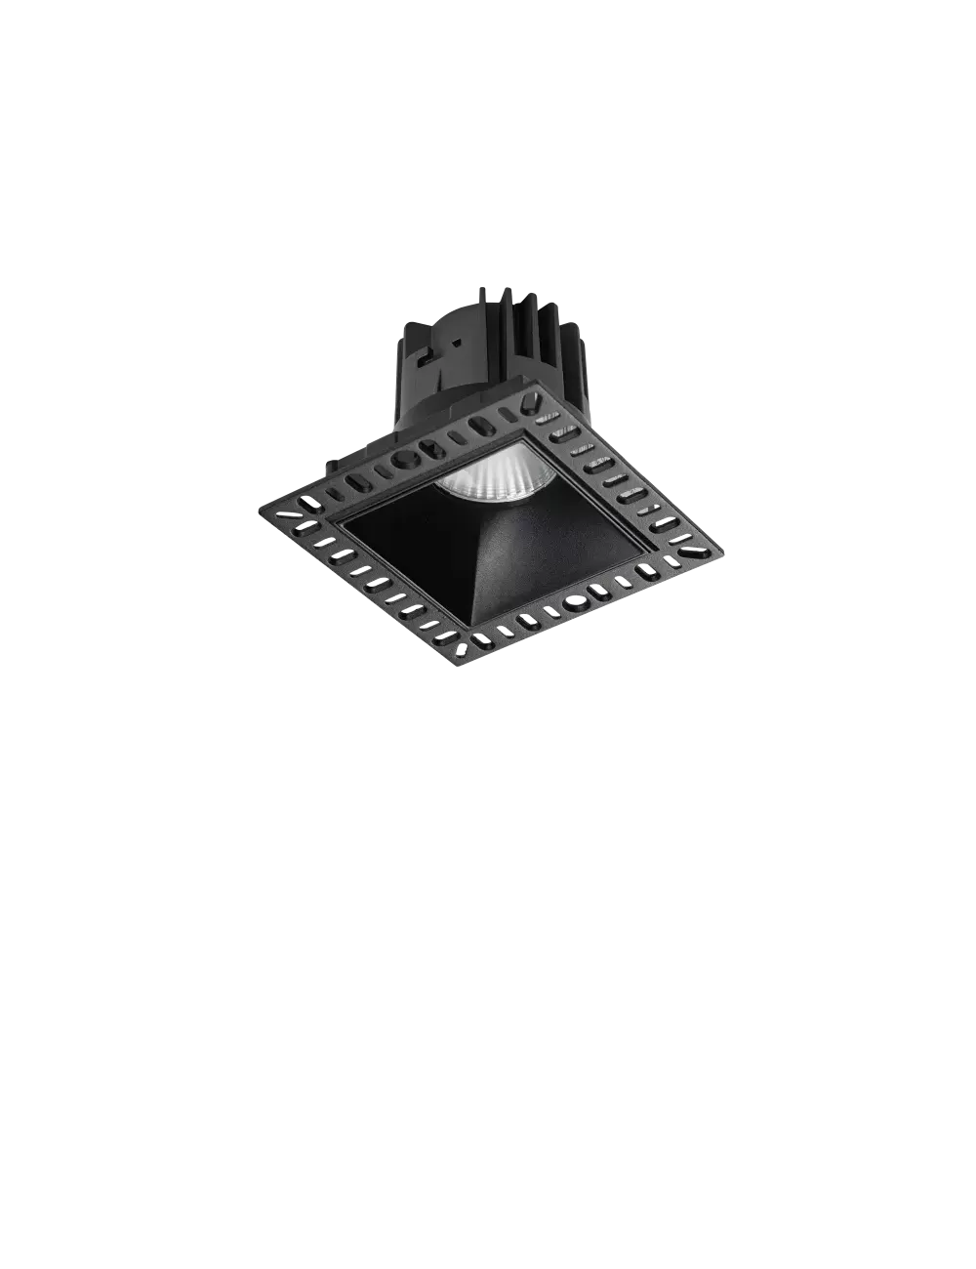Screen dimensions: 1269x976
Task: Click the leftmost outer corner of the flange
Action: click(259, 500)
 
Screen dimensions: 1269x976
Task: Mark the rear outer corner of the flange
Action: click(535, 387)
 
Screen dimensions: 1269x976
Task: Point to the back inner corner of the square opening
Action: click(524, 440)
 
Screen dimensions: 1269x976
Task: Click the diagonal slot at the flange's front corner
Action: click(480, 641)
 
